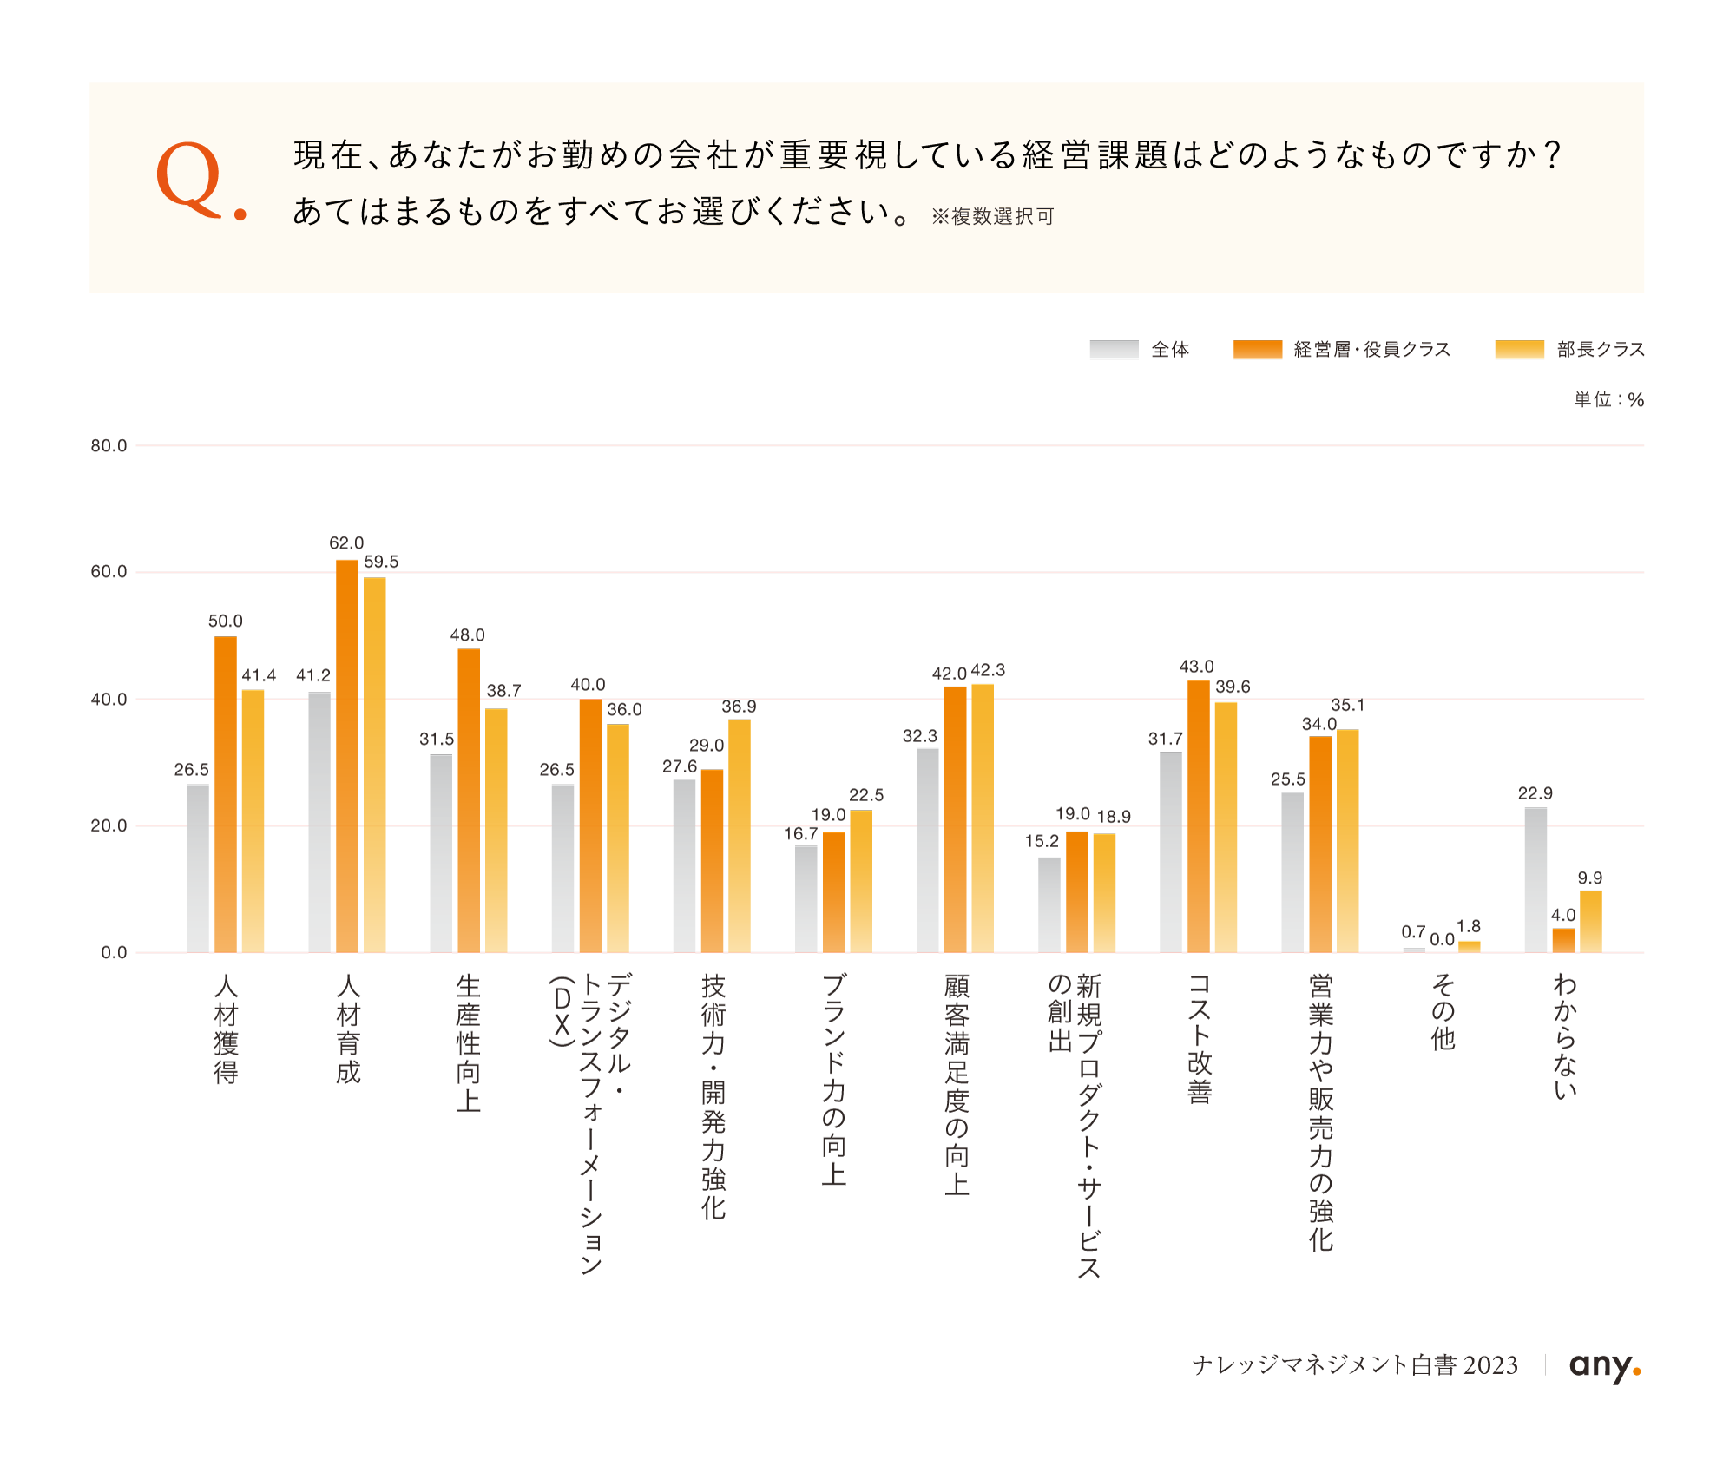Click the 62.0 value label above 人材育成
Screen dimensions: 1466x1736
[346, 543]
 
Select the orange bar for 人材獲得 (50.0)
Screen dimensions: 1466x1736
[226, 794]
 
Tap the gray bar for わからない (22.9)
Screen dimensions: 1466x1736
[1535, 880]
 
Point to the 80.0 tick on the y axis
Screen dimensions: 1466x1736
[108, 446]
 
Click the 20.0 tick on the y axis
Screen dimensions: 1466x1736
[108, 826]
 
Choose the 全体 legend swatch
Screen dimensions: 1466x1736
[1114, 350]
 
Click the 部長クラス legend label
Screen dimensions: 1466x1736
[1601, 350]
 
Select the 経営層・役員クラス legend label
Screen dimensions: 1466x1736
[1371, 350]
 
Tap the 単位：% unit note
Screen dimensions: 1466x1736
[1608, 400]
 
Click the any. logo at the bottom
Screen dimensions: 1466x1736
[1604, 1366]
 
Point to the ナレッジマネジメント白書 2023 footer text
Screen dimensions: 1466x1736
[1355, 1366]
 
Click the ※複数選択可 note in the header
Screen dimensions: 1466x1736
[992, 217]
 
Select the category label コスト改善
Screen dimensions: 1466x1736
[1199, 1038]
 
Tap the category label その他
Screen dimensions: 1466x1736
[1443, 1012]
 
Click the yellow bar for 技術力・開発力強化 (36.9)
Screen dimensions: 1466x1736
[740, 836]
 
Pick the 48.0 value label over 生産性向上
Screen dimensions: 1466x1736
[467, 635]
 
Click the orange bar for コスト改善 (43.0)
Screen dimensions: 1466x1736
[1198, 817]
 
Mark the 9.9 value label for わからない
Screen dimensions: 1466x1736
[1589, 878]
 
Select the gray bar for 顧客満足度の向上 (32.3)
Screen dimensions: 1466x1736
[927, 851]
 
